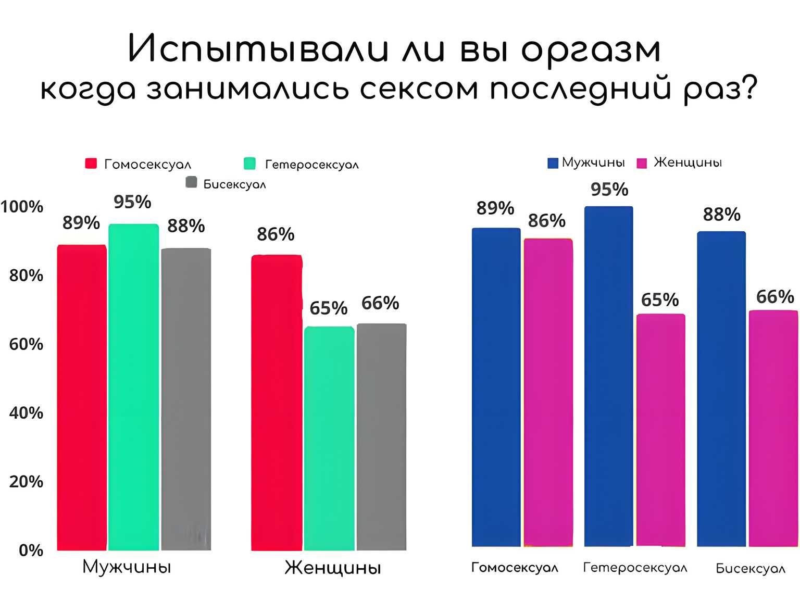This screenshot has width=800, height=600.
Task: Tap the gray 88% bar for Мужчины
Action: tap(186, 398)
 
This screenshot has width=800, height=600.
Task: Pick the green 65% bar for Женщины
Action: tap(329, 438)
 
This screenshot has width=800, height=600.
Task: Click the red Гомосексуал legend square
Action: tap(91, 164)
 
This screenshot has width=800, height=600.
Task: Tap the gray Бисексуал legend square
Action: tap(191, 182)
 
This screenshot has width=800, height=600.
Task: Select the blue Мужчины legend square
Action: tap(553, 163)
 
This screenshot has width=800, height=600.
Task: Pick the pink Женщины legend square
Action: tap(642, 163)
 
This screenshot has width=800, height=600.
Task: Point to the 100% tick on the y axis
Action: tap(22, 207)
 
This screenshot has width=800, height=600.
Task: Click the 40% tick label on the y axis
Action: tap(26, 413)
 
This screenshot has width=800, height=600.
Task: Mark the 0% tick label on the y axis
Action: tap(31, 550)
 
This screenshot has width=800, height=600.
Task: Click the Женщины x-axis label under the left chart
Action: tap(333, 567)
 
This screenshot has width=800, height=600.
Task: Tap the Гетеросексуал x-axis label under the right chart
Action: tap(635, 567)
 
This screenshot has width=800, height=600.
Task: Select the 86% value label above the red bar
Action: tap(276, 234)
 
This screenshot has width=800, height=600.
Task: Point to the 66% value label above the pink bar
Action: tap(775, 297)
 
